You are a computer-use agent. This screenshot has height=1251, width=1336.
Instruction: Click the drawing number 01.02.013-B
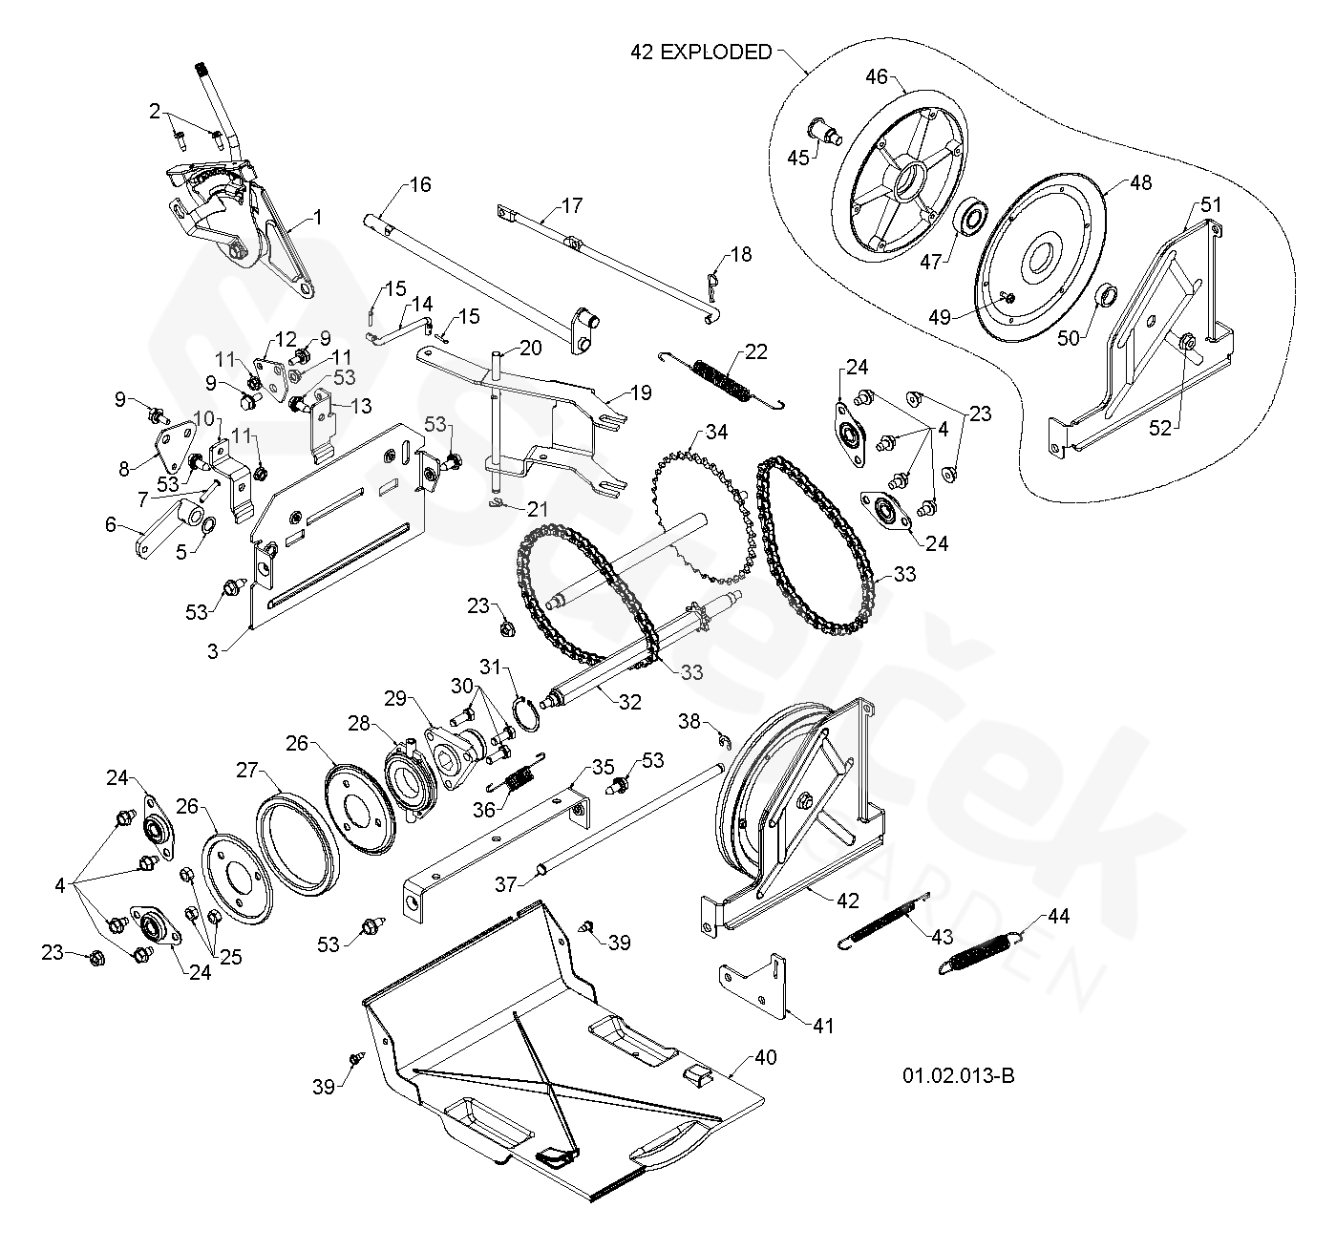[958, 1075]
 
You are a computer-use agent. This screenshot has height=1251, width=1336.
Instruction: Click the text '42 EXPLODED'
[700, 53]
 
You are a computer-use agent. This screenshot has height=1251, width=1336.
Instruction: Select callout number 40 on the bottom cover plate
[765, 1057]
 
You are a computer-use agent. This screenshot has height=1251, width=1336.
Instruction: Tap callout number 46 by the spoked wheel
[877, 76]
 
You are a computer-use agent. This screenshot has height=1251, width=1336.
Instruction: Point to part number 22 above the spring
[755, 351]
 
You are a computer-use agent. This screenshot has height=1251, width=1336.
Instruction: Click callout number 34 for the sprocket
[715, 433]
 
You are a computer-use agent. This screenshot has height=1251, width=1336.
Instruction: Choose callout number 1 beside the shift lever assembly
[317, 217]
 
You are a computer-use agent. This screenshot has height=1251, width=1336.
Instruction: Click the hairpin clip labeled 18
[710, 283]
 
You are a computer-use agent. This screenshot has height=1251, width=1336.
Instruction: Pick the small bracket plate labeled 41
[753, 982]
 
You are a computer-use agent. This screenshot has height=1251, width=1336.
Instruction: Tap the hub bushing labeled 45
[822, 129]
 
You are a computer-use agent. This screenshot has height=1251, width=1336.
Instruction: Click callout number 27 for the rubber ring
[247, 769]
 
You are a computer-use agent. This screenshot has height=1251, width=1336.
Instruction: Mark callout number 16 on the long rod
[420, 185]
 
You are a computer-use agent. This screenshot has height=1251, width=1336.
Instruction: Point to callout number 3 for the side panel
[213, 651]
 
